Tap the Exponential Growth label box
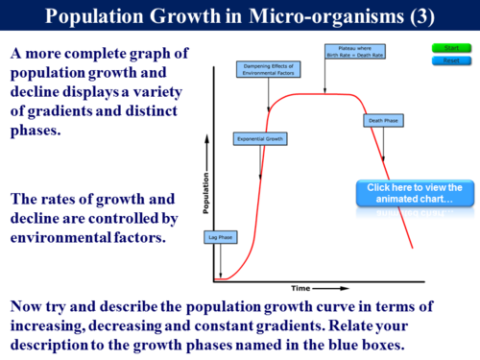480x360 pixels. (260, 138)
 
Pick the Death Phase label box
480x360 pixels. (379, 121)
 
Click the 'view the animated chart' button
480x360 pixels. (414, 193)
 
